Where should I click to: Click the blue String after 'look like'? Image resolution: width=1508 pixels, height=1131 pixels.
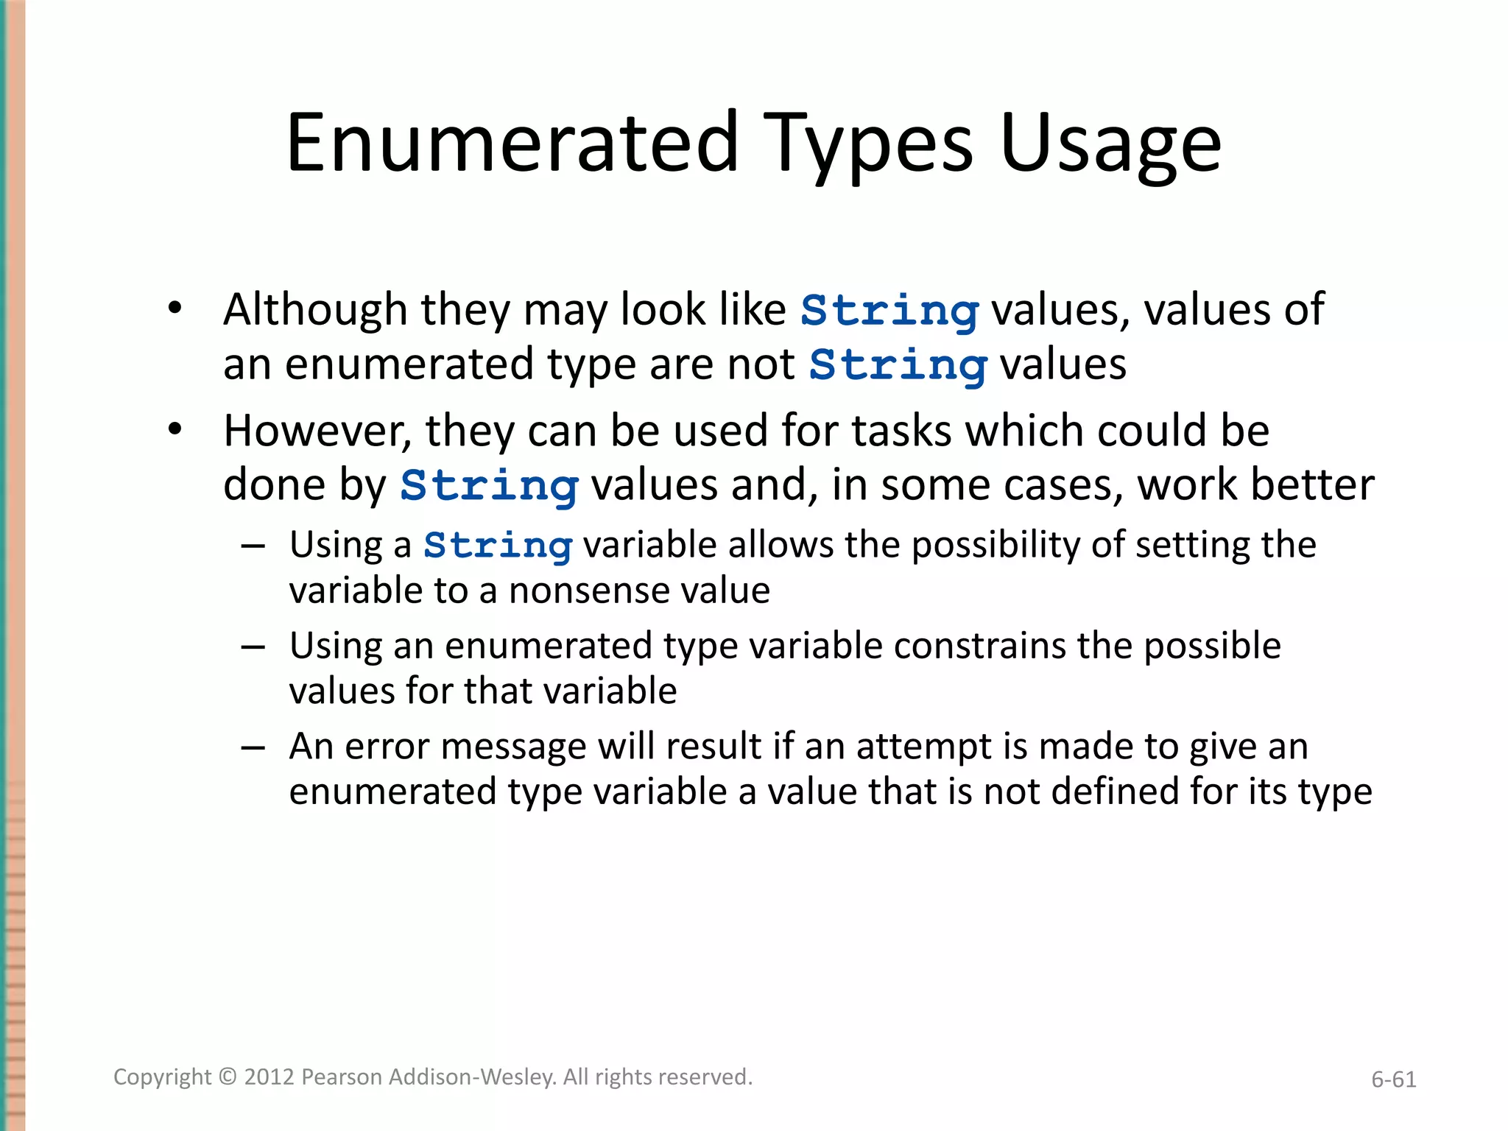889,311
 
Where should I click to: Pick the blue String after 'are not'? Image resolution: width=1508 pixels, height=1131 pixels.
898,366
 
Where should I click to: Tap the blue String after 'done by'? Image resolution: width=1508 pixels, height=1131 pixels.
489,487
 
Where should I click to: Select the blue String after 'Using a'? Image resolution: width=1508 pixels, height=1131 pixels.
498,546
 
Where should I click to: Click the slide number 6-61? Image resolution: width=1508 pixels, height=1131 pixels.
1393,1079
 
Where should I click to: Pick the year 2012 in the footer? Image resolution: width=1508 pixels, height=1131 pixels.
269,1077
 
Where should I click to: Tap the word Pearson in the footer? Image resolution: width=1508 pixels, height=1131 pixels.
341,1077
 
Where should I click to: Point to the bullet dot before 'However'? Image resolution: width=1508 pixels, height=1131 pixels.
175,429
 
